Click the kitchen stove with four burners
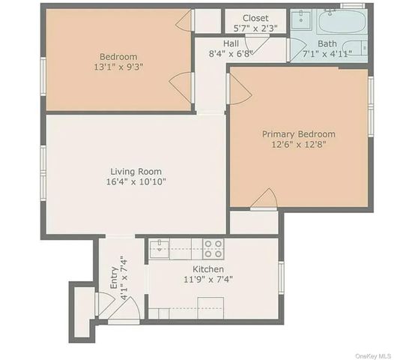pos(213,248)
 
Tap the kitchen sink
pos(159,249)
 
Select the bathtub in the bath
pos(342,22)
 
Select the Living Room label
pos(136,172)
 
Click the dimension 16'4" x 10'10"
pos(136,182)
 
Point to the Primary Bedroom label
pos(298,134)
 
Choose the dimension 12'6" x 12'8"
pos(298,145)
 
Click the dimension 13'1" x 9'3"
pos(118,67)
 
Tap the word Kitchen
pos(208,269)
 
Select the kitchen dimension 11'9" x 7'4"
pos(208,280)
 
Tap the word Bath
pos(327,43)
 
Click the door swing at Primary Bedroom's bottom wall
pos(264,199)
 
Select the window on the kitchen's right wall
pos(281,275)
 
